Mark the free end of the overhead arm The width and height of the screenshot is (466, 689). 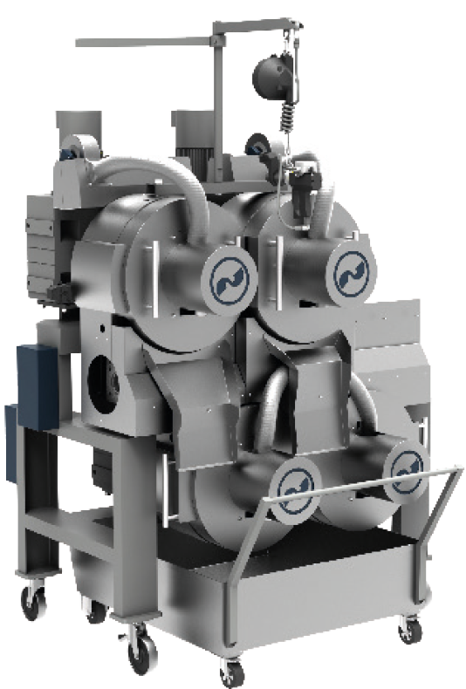click(79, 41)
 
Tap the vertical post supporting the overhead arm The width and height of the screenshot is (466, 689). click(214, 96)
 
